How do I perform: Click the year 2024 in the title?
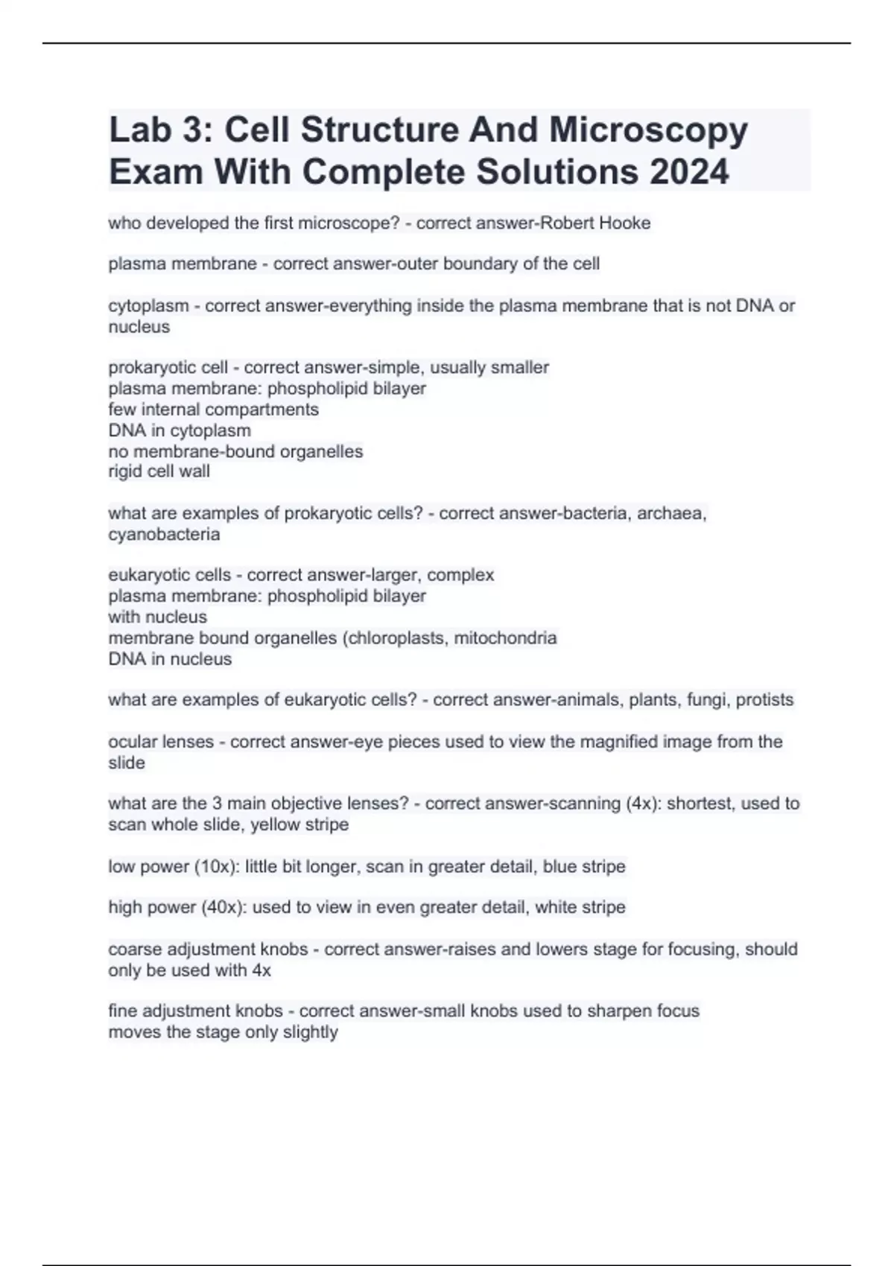[x=689, y=172]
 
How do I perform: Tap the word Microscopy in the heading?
[x=648, y=130]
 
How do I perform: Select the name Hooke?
[x=626, y=223]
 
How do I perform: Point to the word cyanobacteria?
[x=164, y=535]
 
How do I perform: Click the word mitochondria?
[x=505, y=638]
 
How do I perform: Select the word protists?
[x=764, y=700]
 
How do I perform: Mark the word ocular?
[x=131, y=742]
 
